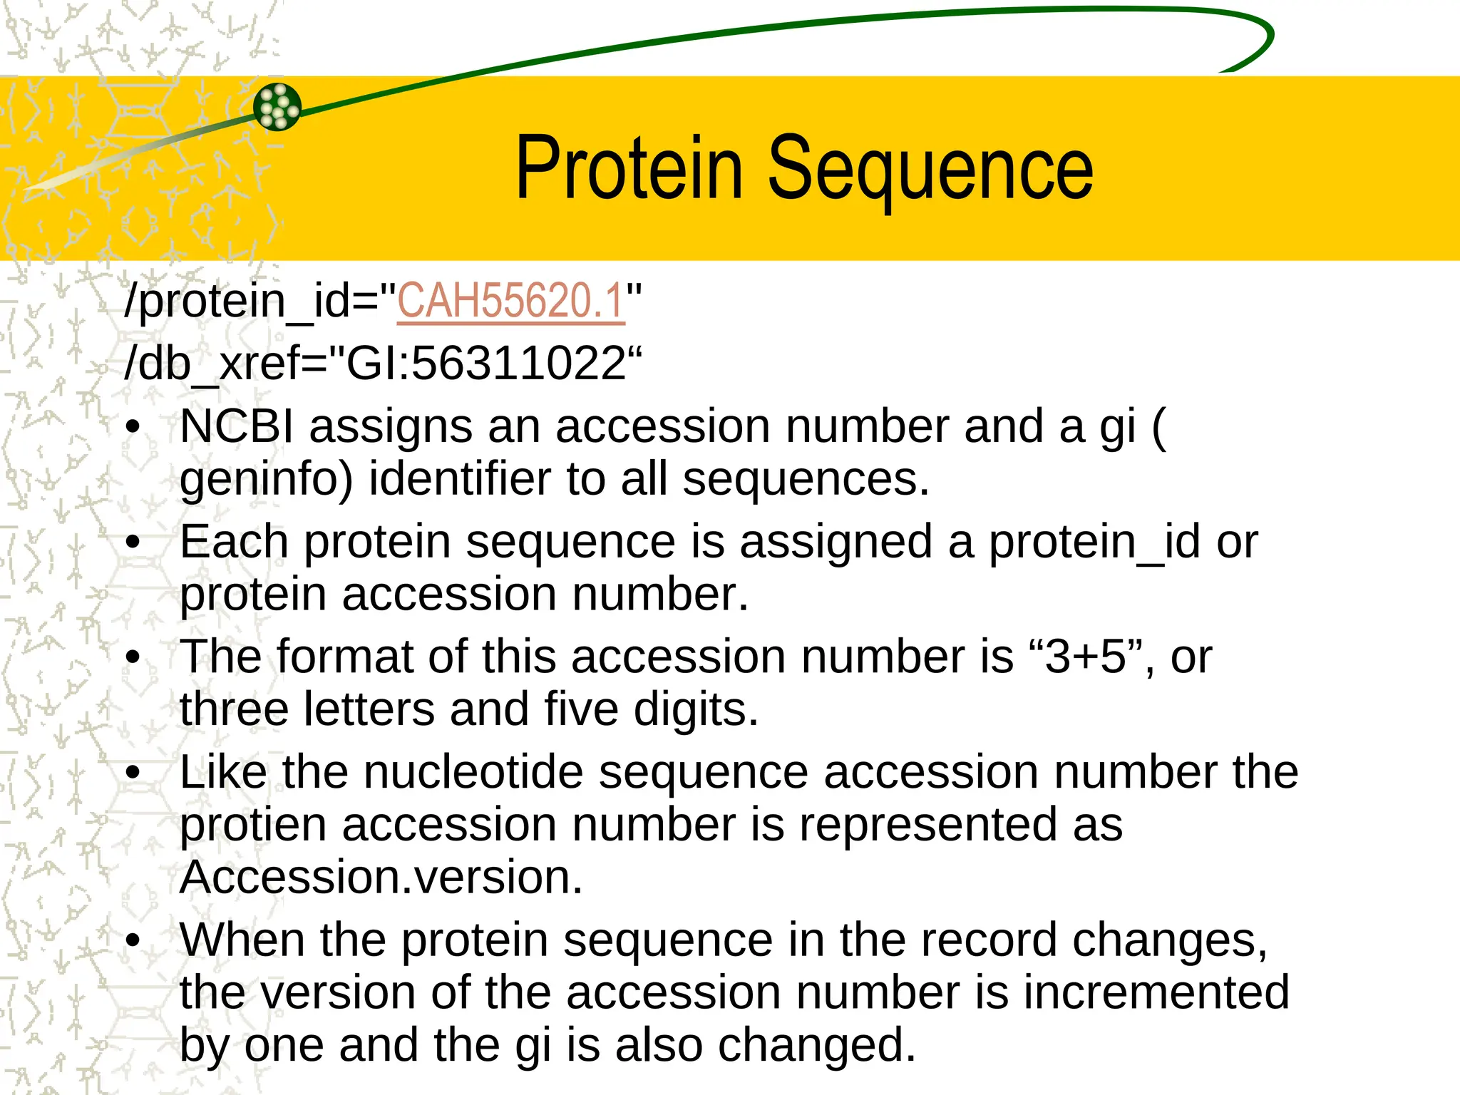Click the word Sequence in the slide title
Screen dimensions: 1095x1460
pos(930,171)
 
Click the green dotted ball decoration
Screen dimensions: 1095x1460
pos(277,107)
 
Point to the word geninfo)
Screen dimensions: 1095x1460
pos(266,480)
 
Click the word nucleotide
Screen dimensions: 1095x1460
pos(473,772)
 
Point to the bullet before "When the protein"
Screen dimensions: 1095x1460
pos(133,941)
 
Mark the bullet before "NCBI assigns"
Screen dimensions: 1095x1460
pos(133,428)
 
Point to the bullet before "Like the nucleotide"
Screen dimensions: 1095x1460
pos(133,773)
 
